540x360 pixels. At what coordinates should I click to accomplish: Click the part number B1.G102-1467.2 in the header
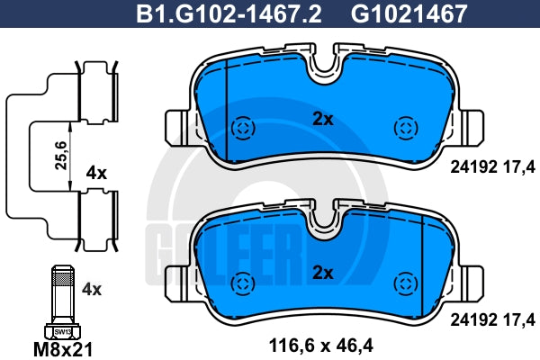tap(229, 13)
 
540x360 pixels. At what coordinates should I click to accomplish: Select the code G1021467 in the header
tap(409, 13)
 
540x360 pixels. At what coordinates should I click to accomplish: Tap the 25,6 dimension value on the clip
tap(61, 156)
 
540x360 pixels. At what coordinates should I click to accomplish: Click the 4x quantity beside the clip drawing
tap(96, 173)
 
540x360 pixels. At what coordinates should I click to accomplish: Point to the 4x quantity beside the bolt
tap(92, 290)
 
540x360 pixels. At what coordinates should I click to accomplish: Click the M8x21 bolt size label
tap(63, 350)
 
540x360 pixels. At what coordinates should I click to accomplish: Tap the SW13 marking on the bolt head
tap(63, 332)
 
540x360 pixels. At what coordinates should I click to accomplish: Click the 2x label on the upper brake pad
tap(323, 119)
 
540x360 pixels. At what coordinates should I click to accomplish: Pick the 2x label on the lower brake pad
tap(323, 273)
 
